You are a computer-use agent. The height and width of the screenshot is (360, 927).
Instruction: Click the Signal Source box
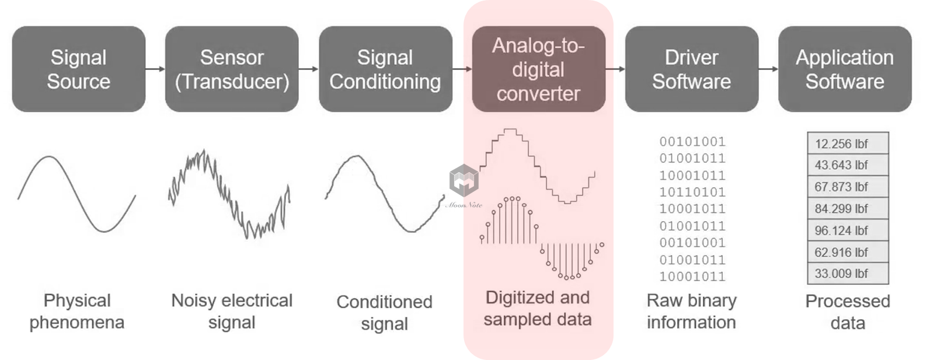79,69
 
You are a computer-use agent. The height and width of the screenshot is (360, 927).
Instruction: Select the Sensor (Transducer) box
232,69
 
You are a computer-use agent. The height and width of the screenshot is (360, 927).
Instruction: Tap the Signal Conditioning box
385,69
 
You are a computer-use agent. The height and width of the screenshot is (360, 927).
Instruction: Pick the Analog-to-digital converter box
538,69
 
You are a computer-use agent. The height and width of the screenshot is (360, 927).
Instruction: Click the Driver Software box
692,69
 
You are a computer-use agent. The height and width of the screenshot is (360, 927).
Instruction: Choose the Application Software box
845,69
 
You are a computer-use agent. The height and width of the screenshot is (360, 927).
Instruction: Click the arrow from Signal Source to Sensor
155,69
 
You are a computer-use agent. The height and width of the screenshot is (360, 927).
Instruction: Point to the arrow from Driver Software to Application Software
768,69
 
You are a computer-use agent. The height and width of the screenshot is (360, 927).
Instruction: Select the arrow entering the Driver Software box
615,69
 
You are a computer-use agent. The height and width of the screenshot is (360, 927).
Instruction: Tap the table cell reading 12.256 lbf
848,144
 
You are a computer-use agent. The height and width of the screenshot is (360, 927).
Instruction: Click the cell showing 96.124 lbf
848,230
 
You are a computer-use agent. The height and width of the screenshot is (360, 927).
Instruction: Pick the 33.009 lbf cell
848,274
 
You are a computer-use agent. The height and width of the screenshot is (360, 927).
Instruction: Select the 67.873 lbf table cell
848,187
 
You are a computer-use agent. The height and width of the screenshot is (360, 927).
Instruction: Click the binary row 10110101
692,192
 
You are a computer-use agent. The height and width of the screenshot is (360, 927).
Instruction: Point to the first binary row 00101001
692,141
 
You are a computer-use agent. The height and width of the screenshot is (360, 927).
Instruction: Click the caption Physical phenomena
77,311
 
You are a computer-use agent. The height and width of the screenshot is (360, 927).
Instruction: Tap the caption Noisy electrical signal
232,311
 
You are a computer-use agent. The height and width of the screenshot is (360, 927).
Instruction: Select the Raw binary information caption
692,311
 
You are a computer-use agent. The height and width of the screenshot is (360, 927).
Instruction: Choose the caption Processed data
848,312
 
